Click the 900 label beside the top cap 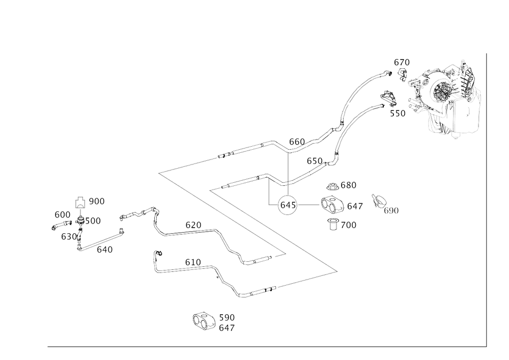click(96, 202)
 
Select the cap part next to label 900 click(80, 202)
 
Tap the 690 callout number click(62, 214)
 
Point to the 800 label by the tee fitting click(94, 221)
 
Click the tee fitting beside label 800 click(80, 220)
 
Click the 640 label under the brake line click(105, 250)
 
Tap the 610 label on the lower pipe click(192, 261)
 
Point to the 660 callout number click(297, 140)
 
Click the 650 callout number click(315, 160)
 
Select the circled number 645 click(287, 205)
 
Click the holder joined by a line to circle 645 click(332, 205)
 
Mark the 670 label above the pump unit click(402, 62)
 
